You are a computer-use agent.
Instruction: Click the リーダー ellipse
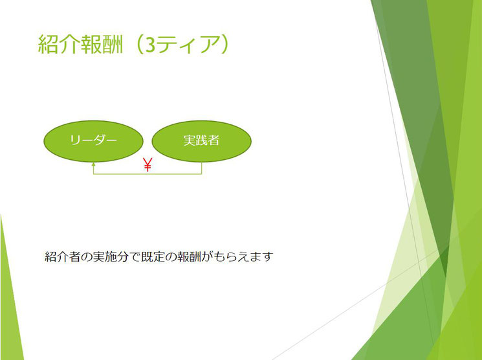point(93,141)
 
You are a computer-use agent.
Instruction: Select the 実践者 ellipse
point(202,141)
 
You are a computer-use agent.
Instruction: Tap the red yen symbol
point(148,164)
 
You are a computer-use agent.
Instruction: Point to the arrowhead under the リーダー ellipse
point(93,164)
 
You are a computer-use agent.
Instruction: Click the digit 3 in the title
point(150,45)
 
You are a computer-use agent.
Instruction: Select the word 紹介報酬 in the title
point(80,45)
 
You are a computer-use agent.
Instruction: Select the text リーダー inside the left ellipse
point(93,141)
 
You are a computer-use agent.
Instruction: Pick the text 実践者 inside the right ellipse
point(201,141)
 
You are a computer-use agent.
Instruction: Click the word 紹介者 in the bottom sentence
point(63,256)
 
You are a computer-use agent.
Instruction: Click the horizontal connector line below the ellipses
point(148,174)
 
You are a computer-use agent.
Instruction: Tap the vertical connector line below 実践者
point(202,168)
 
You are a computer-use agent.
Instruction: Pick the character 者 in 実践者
point(214,141)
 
